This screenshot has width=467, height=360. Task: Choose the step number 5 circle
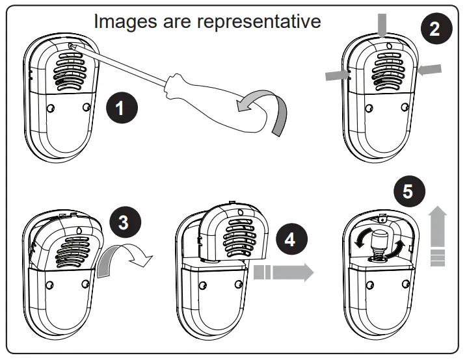pos(408,192)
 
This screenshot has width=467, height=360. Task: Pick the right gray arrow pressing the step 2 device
pos(430,70)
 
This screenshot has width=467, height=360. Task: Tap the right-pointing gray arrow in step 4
pos(286,272)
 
